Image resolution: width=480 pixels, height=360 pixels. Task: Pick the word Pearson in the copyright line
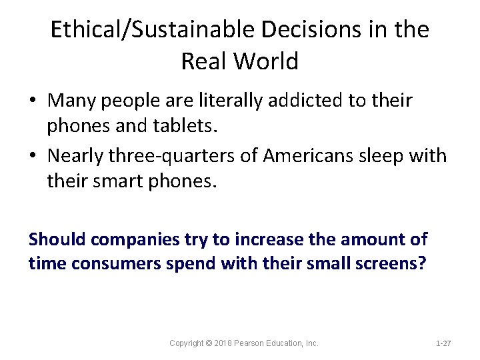pos(259,343)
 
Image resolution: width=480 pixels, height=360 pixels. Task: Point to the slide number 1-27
pos(443,343)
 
